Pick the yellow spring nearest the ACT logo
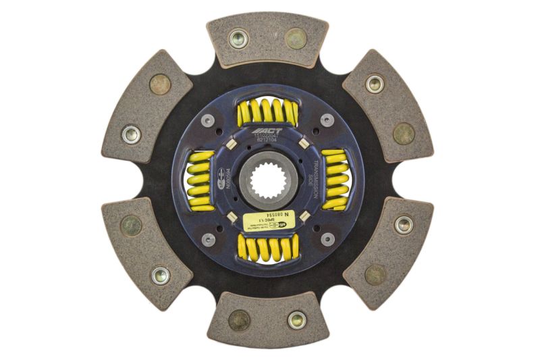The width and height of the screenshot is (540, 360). (268, 112)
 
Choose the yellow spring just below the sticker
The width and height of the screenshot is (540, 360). (268, 247)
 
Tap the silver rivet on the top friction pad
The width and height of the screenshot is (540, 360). (238, 38)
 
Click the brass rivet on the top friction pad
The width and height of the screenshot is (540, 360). (296, 38)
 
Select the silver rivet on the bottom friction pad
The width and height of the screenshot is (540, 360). (296, 319)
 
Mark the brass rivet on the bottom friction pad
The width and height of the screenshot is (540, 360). (239, 320)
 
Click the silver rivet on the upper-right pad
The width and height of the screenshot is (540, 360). (375, 84)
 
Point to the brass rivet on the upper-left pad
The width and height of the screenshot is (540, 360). (161, 84)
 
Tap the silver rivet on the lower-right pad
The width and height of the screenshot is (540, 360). (403, 224)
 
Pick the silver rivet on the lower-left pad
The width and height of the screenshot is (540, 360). (160, 275)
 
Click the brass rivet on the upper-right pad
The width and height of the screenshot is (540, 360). (404, 133)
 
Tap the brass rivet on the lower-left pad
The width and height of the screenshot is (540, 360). (131, 226)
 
